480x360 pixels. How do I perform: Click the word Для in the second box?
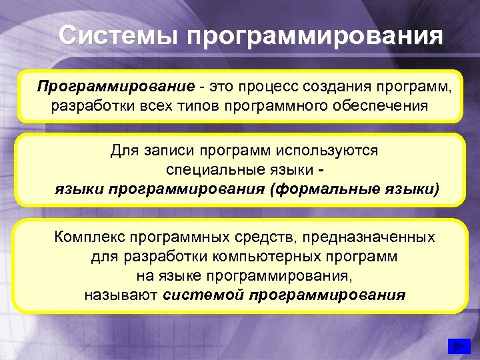coord(125,151)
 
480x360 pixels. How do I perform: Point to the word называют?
coord(121,295)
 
